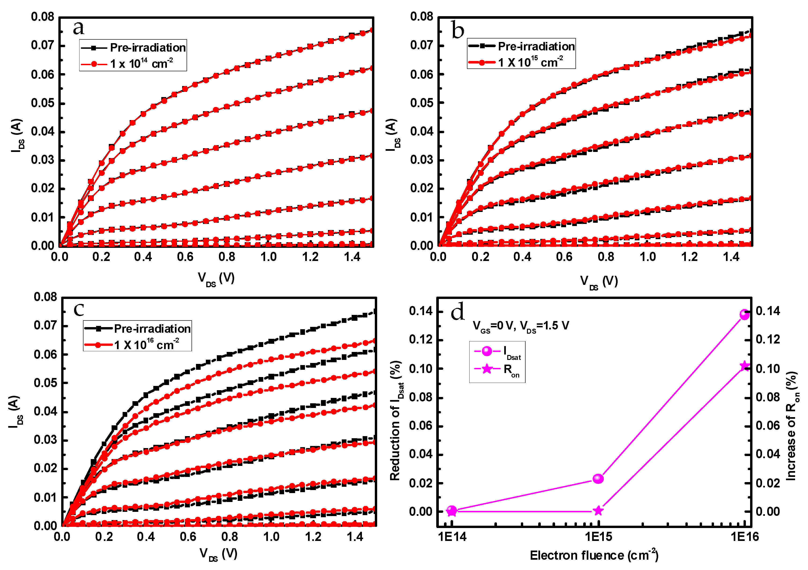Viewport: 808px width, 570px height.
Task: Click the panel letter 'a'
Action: coord(79,28)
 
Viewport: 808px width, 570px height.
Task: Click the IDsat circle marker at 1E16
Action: coord(744,314)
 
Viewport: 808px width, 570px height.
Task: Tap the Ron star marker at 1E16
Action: coord(744,366)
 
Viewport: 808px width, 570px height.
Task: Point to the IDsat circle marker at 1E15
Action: coord(598,479)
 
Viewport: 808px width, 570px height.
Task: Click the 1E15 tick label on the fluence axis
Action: coord(598,537)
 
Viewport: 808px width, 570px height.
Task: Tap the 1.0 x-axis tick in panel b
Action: coord(647,257)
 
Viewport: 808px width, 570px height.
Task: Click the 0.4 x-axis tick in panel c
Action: coord(146,537)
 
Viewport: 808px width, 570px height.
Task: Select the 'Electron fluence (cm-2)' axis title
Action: coord(594,555)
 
